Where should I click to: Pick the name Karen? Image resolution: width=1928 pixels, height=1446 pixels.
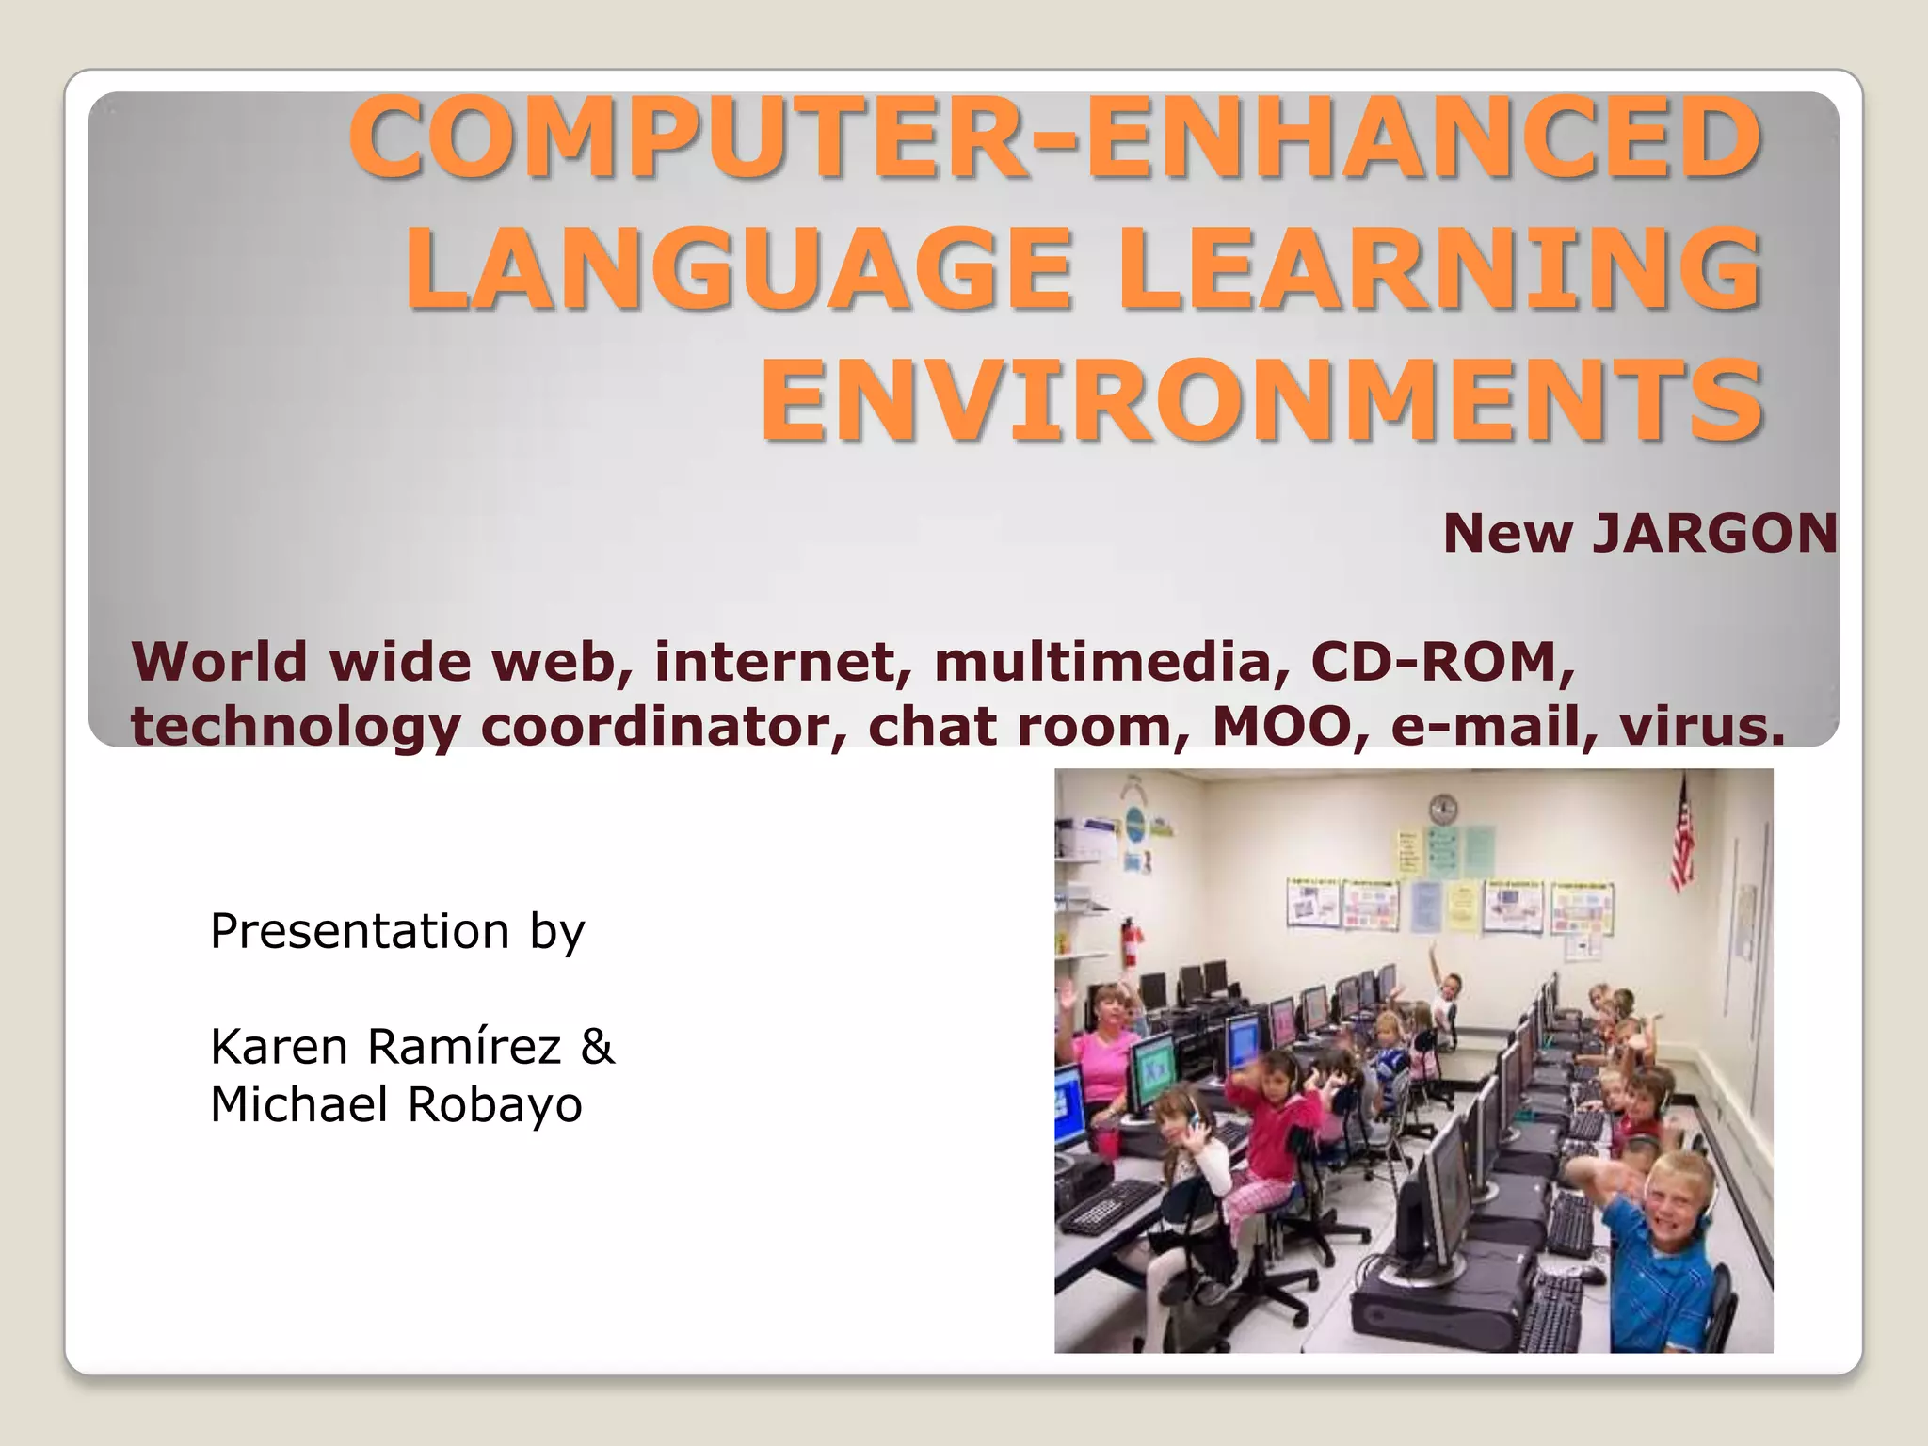click(280, 1047)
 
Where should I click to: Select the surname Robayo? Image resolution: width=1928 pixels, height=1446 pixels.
click(495, 1105)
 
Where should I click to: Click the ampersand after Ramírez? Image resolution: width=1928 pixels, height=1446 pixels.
click(597, 1047)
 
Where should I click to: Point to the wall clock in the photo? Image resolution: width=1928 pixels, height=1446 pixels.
click(1442, 809)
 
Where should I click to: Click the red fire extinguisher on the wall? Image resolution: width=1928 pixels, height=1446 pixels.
click(1132, 941)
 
